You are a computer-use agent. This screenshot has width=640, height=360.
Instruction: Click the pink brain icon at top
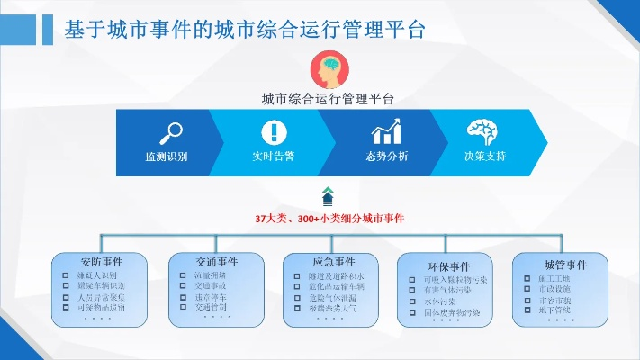pos(328,68)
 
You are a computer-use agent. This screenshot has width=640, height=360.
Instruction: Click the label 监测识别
pos(167,157)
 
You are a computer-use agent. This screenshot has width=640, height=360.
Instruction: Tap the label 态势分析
pos(386,157)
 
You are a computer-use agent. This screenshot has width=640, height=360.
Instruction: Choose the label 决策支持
pos(484,157)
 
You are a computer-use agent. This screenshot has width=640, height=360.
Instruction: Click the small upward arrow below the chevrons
pos(328,194)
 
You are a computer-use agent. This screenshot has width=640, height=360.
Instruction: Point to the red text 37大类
pos(270,218)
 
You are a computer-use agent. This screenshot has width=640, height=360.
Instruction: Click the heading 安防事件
pos(101,262)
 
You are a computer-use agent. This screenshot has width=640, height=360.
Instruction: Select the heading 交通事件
pos(216,262)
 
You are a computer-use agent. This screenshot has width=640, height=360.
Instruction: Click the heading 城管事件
pos(564,265)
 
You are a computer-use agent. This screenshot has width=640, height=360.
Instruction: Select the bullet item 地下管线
pos(554,310)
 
